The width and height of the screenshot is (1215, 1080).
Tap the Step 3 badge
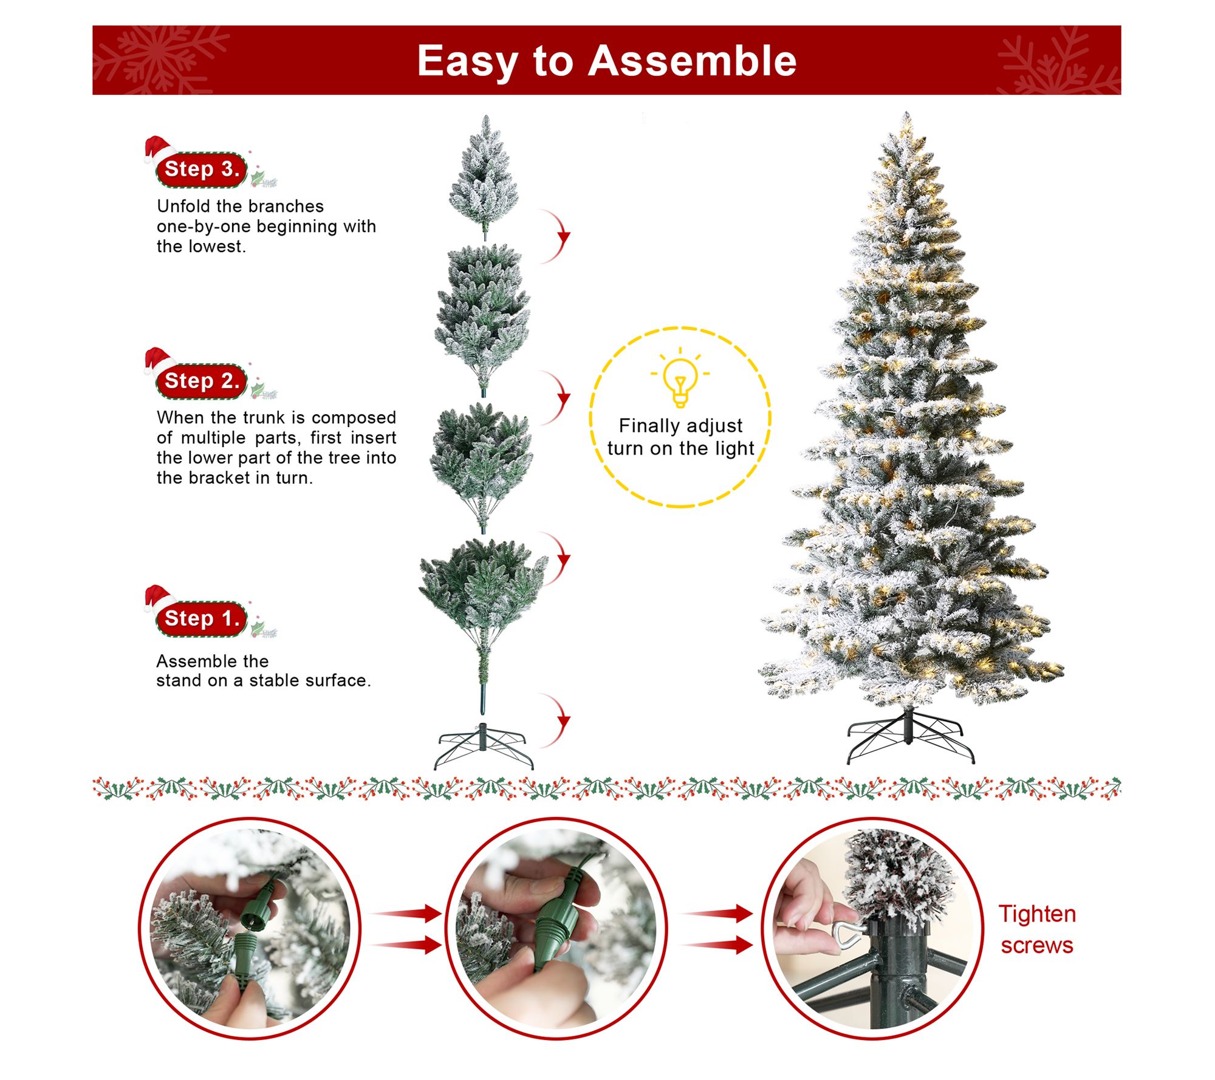pos(202,169)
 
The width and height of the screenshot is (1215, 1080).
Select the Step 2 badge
pos(202,381)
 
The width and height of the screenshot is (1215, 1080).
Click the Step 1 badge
pos(202,619)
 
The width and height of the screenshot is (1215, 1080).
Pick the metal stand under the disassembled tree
pos(484,746)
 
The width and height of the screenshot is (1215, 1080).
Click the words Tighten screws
pos(1037,929)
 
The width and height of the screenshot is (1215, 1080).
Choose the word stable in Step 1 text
pos(267,681)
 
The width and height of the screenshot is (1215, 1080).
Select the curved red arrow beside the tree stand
pos(556,720)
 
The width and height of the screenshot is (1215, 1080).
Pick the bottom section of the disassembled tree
pos(484,626)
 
